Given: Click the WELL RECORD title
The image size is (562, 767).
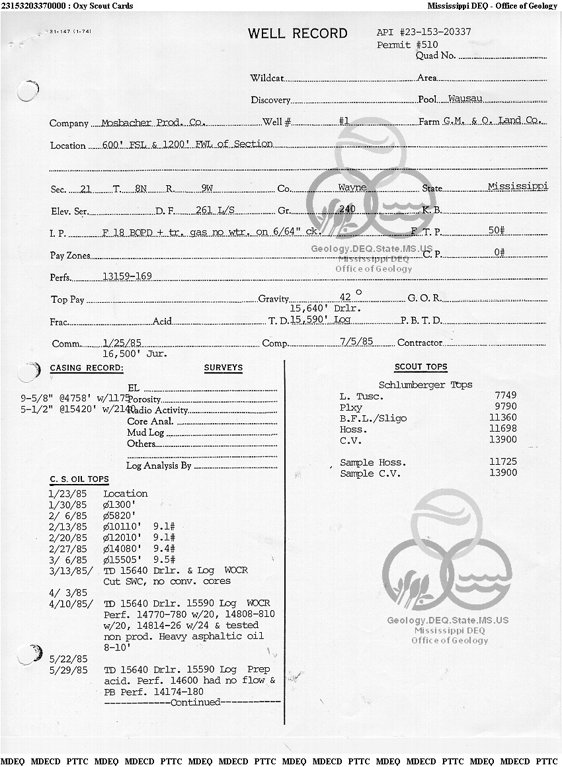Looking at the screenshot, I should (298, 34).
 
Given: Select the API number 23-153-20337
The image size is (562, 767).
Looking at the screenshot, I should (424, 32).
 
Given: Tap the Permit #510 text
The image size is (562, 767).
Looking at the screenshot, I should (407, 45).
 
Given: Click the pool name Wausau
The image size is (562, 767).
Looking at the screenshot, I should (465, 99).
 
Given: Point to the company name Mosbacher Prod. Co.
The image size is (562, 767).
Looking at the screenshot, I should (153, 123).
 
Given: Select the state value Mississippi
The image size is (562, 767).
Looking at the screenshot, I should (518, 186).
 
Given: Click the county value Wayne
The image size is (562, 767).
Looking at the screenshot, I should (352, 188).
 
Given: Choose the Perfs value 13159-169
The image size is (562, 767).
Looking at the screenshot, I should (128, 276).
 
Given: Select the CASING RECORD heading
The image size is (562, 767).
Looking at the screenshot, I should (87, 368).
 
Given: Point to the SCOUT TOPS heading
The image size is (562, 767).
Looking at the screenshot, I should (421, 367).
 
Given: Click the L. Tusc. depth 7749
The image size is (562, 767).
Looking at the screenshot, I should (505, 395).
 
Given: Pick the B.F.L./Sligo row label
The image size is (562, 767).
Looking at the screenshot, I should (373, 419).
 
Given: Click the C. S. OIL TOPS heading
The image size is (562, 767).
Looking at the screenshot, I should (79, 479).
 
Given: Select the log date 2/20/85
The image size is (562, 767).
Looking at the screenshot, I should (67, 538).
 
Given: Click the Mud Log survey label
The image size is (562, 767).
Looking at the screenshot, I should (145, 432).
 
